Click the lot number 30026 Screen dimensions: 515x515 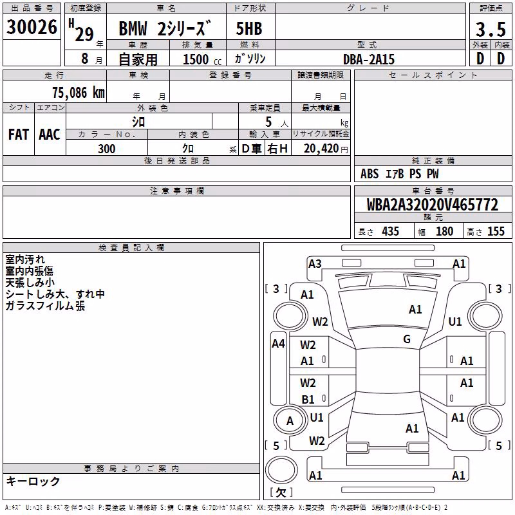32,26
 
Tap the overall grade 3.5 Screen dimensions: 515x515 491,29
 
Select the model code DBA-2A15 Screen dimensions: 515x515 369,59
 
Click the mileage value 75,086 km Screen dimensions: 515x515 79,92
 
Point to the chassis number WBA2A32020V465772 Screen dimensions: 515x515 433,205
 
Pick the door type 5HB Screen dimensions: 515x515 249,28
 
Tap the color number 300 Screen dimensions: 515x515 107,149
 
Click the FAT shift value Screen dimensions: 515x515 19,135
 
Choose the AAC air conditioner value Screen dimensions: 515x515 50,135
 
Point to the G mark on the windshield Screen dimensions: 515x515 407,339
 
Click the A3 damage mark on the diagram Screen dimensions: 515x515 315,263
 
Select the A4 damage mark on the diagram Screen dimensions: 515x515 279,344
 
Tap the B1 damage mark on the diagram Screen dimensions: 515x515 308,399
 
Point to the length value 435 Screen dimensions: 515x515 391,231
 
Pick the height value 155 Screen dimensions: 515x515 496,231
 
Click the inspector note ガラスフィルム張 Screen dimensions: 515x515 45,305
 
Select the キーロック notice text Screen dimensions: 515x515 33,481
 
